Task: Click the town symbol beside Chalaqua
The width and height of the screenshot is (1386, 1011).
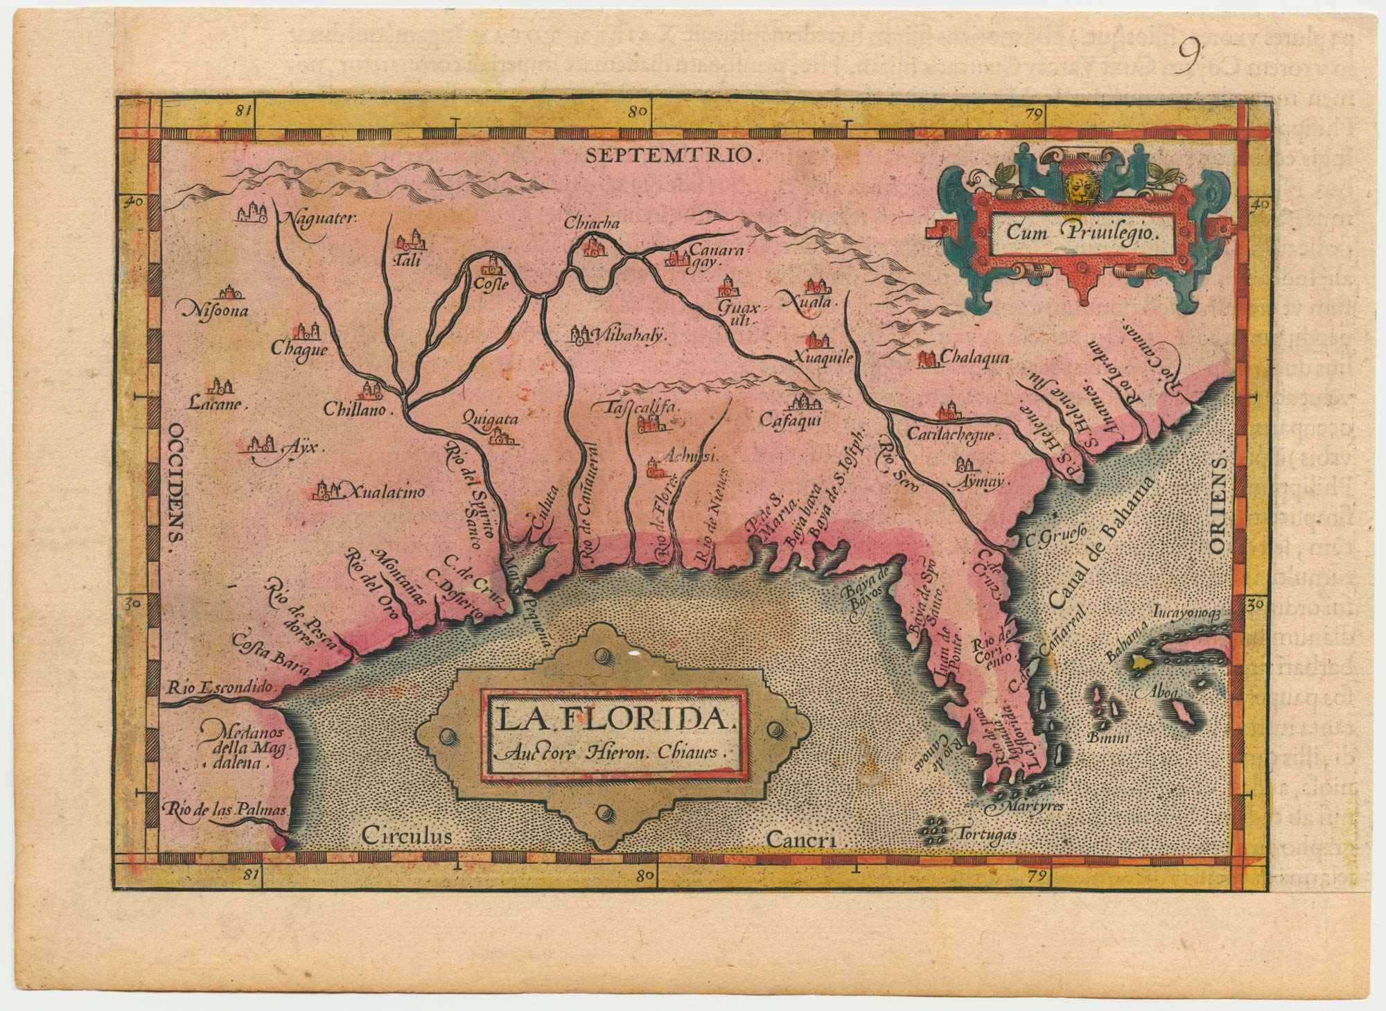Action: coord(927,359)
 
